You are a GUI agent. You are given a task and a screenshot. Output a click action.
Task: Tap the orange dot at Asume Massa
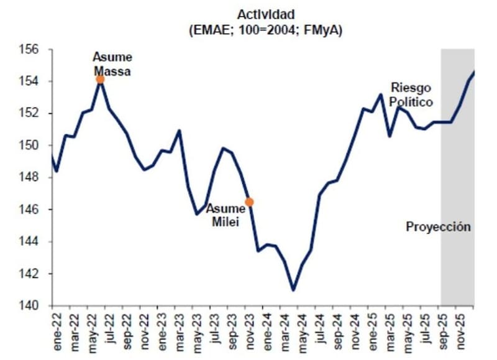tap(100, 79)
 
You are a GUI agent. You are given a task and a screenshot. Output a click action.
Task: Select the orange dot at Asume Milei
tap(249, 201)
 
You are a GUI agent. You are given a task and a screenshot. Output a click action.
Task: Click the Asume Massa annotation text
tap(112, 64)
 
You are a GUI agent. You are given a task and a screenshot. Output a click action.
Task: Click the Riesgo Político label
tap(411, 95)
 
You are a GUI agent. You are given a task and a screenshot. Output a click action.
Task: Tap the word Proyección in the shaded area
tap(439, 226)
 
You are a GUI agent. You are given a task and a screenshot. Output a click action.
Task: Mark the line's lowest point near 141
tap(293, 290)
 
